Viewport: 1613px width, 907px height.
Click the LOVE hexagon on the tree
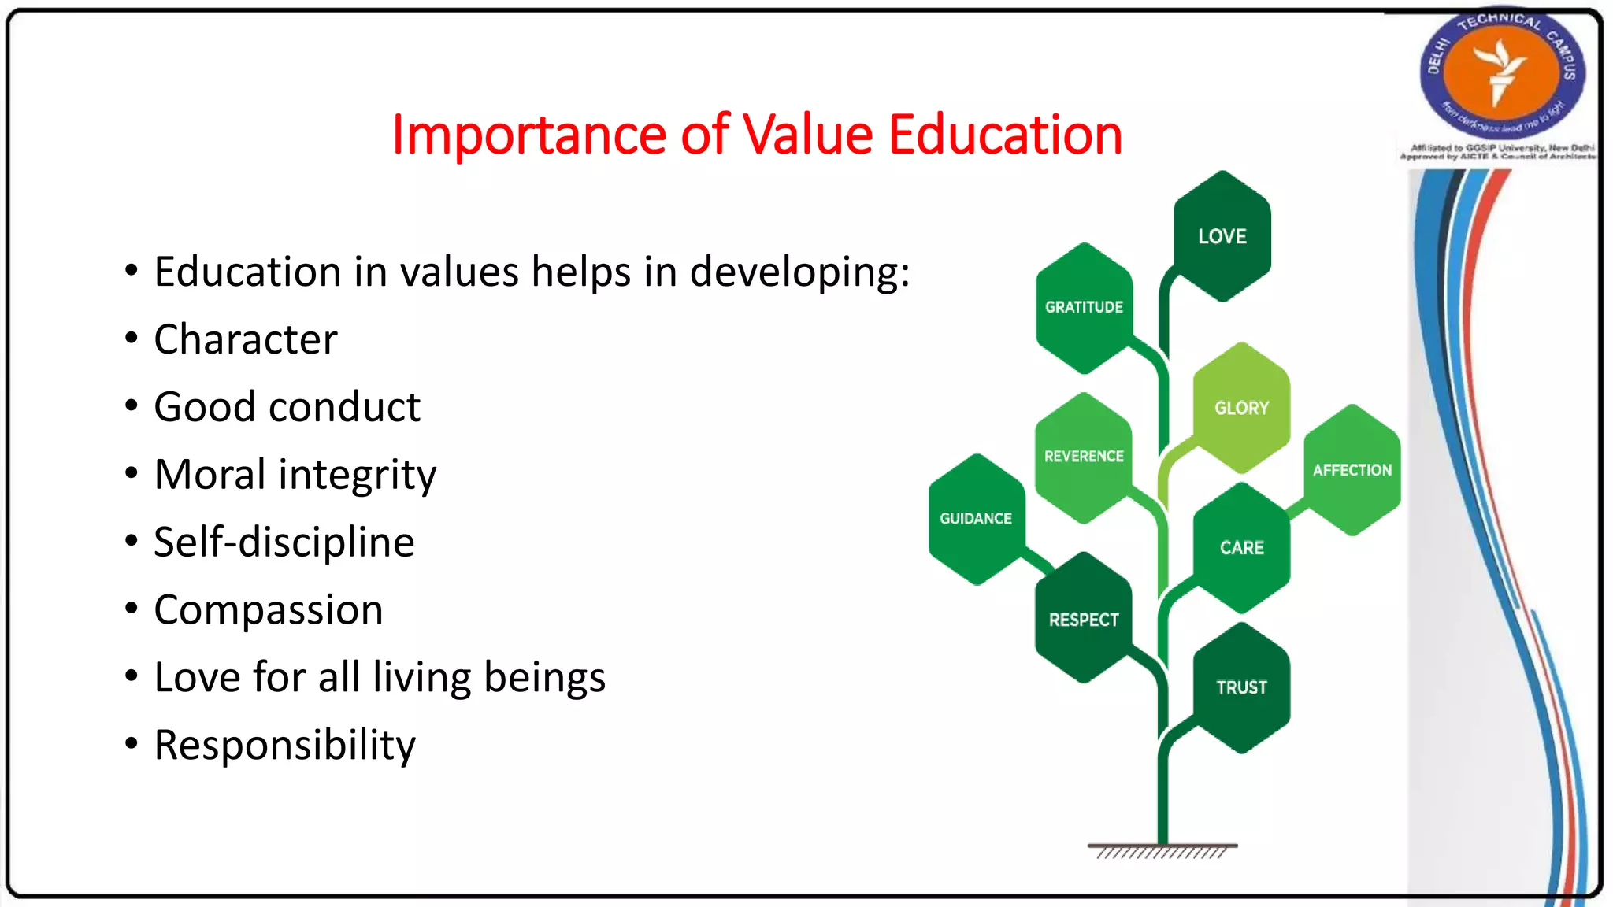tap(1222, 236)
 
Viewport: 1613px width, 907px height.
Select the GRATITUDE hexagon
tap(1084, 308)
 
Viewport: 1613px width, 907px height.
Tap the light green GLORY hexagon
tap(1241, 408)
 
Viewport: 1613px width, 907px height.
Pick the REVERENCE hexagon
tap(1084, 457)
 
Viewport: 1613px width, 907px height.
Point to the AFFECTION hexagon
tap(1352, 470)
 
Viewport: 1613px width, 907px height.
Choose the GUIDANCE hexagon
tap(976, 519)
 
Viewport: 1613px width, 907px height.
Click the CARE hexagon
tap(1241, 548)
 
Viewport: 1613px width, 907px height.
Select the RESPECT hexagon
tap(1084, 620)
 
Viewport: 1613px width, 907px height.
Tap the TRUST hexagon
tap(1241, 687)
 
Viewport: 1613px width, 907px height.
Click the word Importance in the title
tap(528, 135)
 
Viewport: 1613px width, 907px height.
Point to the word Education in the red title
tap(1005, 135)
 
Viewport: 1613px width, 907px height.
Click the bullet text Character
tap(245, 339)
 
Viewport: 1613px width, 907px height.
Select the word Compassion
tap(268, 610)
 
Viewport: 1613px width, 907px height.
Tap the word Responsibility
tap(284, 745)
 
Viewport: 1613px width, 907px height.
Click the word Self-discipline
tap(284, 542)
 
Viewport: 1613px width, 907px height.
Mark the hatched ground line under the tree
tap(1162, 851)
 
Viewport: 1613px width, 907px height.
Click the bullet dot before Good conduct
tap(132, 406)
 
